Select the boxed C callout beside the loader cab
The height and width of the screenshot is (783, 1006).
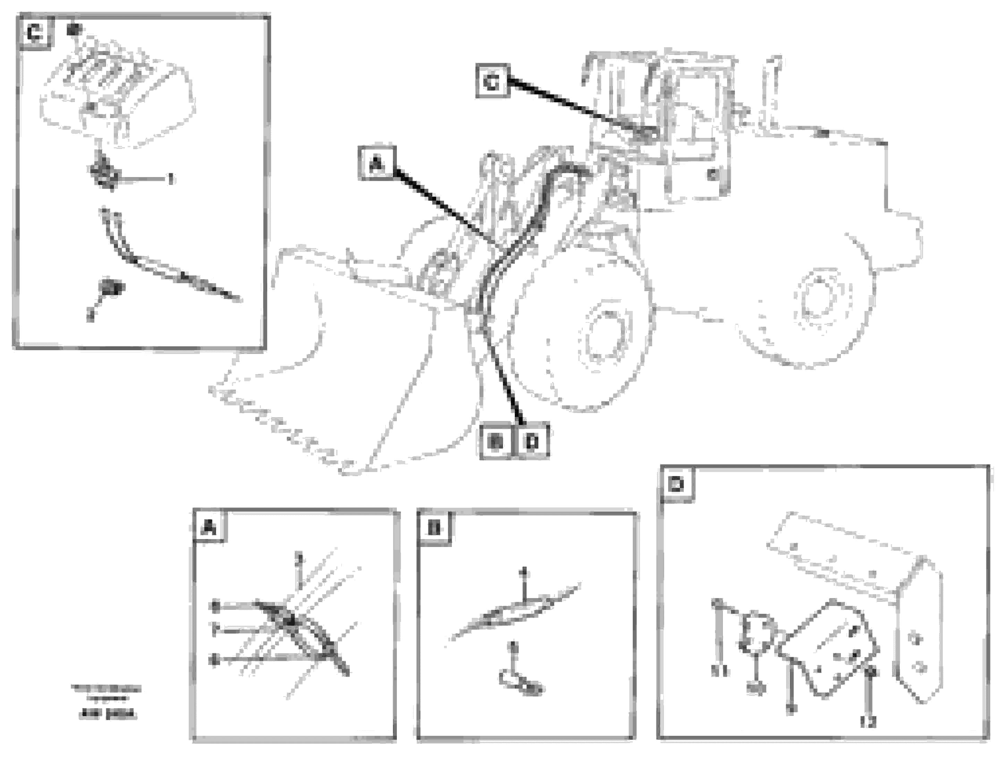click(x=492, y=82)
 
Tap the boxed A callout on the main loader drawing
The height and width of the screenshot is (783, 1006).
click(x=377, y=163)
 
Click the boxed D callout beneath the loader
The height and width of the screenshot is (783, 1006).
click(x=533, y=441)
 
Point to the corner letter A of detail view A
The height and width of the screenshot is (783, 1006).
click(x=210, y=527)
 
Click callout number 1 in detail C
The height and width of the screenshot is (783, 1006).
click(x=171, y=178)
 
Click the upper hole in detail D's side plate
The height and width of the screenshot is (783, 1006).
click(x=916, y=639)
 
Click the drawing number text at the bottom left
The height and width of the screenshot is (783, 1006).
click(x=107, y=715)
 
